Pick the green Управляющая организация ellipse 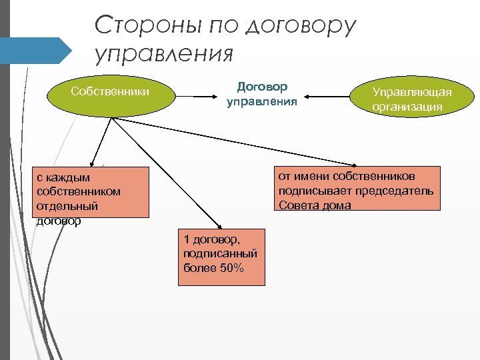(411, 99)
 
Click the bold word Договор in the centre (262, 87)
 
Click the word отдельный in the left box (67, 206)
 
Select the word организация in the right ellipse (407, 107)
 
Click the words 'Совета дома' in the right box (315, 205)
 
